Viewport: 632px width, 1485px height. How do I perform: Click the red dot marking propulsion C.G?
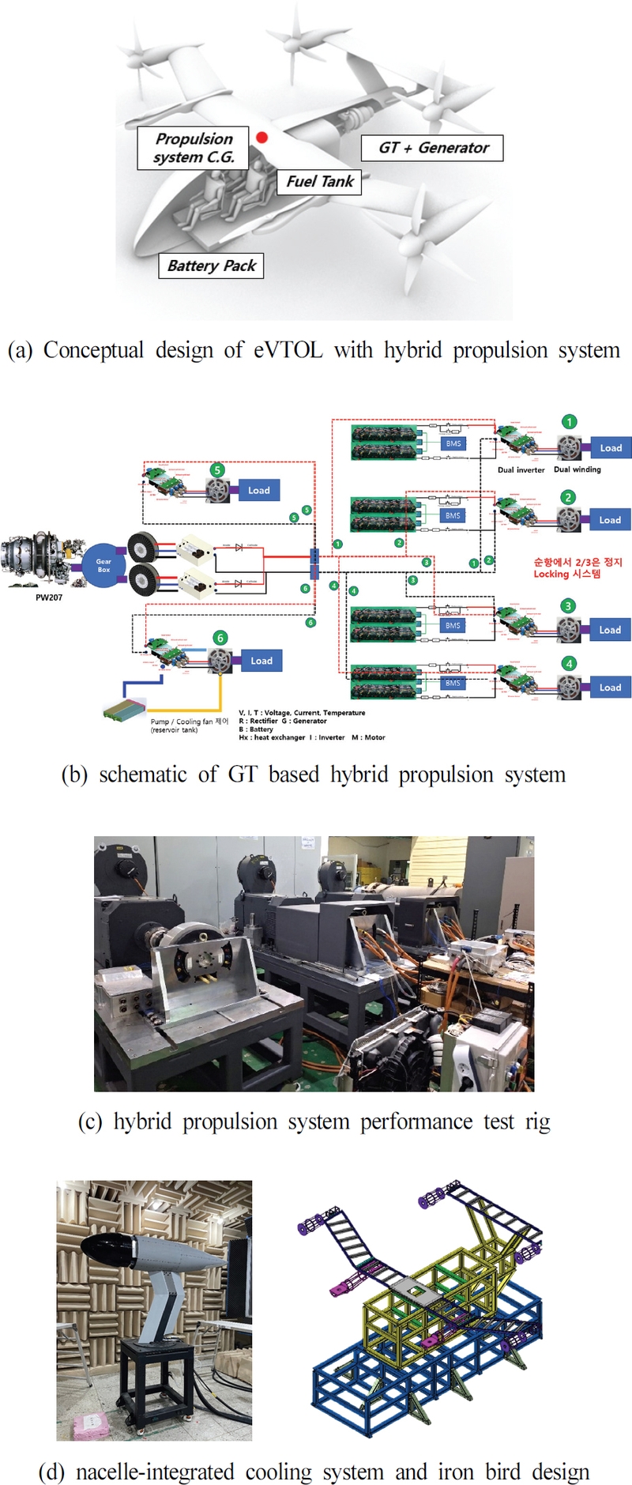[261, 138]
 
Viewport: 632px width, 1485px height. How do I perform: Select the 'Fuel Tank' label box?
[320, 182]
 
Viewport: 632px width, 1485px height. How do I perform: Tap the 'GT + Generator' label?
[433, 148]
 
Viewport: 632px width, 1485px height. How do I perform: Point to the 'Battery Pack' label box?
[211, 266]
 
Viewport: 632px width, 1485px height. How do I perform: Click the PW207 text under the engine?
[49, 597]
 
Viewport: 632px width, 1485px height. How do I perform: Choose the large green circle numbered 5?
[217, 469]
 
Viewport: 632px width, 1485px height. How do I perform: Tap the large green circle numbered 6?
[220, 637]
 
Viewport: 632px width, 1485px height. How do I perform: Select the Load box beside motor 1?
[611, 448]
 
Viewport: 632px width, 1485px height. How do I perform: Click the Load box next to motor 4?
[610, 688]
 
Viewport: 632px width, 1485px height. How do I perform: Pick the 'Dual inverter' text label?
[521, 470]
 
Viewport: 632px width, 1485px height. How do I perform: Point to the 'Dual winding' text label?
[577, 469]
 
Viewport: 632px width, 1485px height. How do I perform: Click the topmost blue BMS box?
[453, 444]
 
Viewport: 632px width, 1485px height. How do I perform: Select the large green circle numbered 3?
[568, 606]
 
